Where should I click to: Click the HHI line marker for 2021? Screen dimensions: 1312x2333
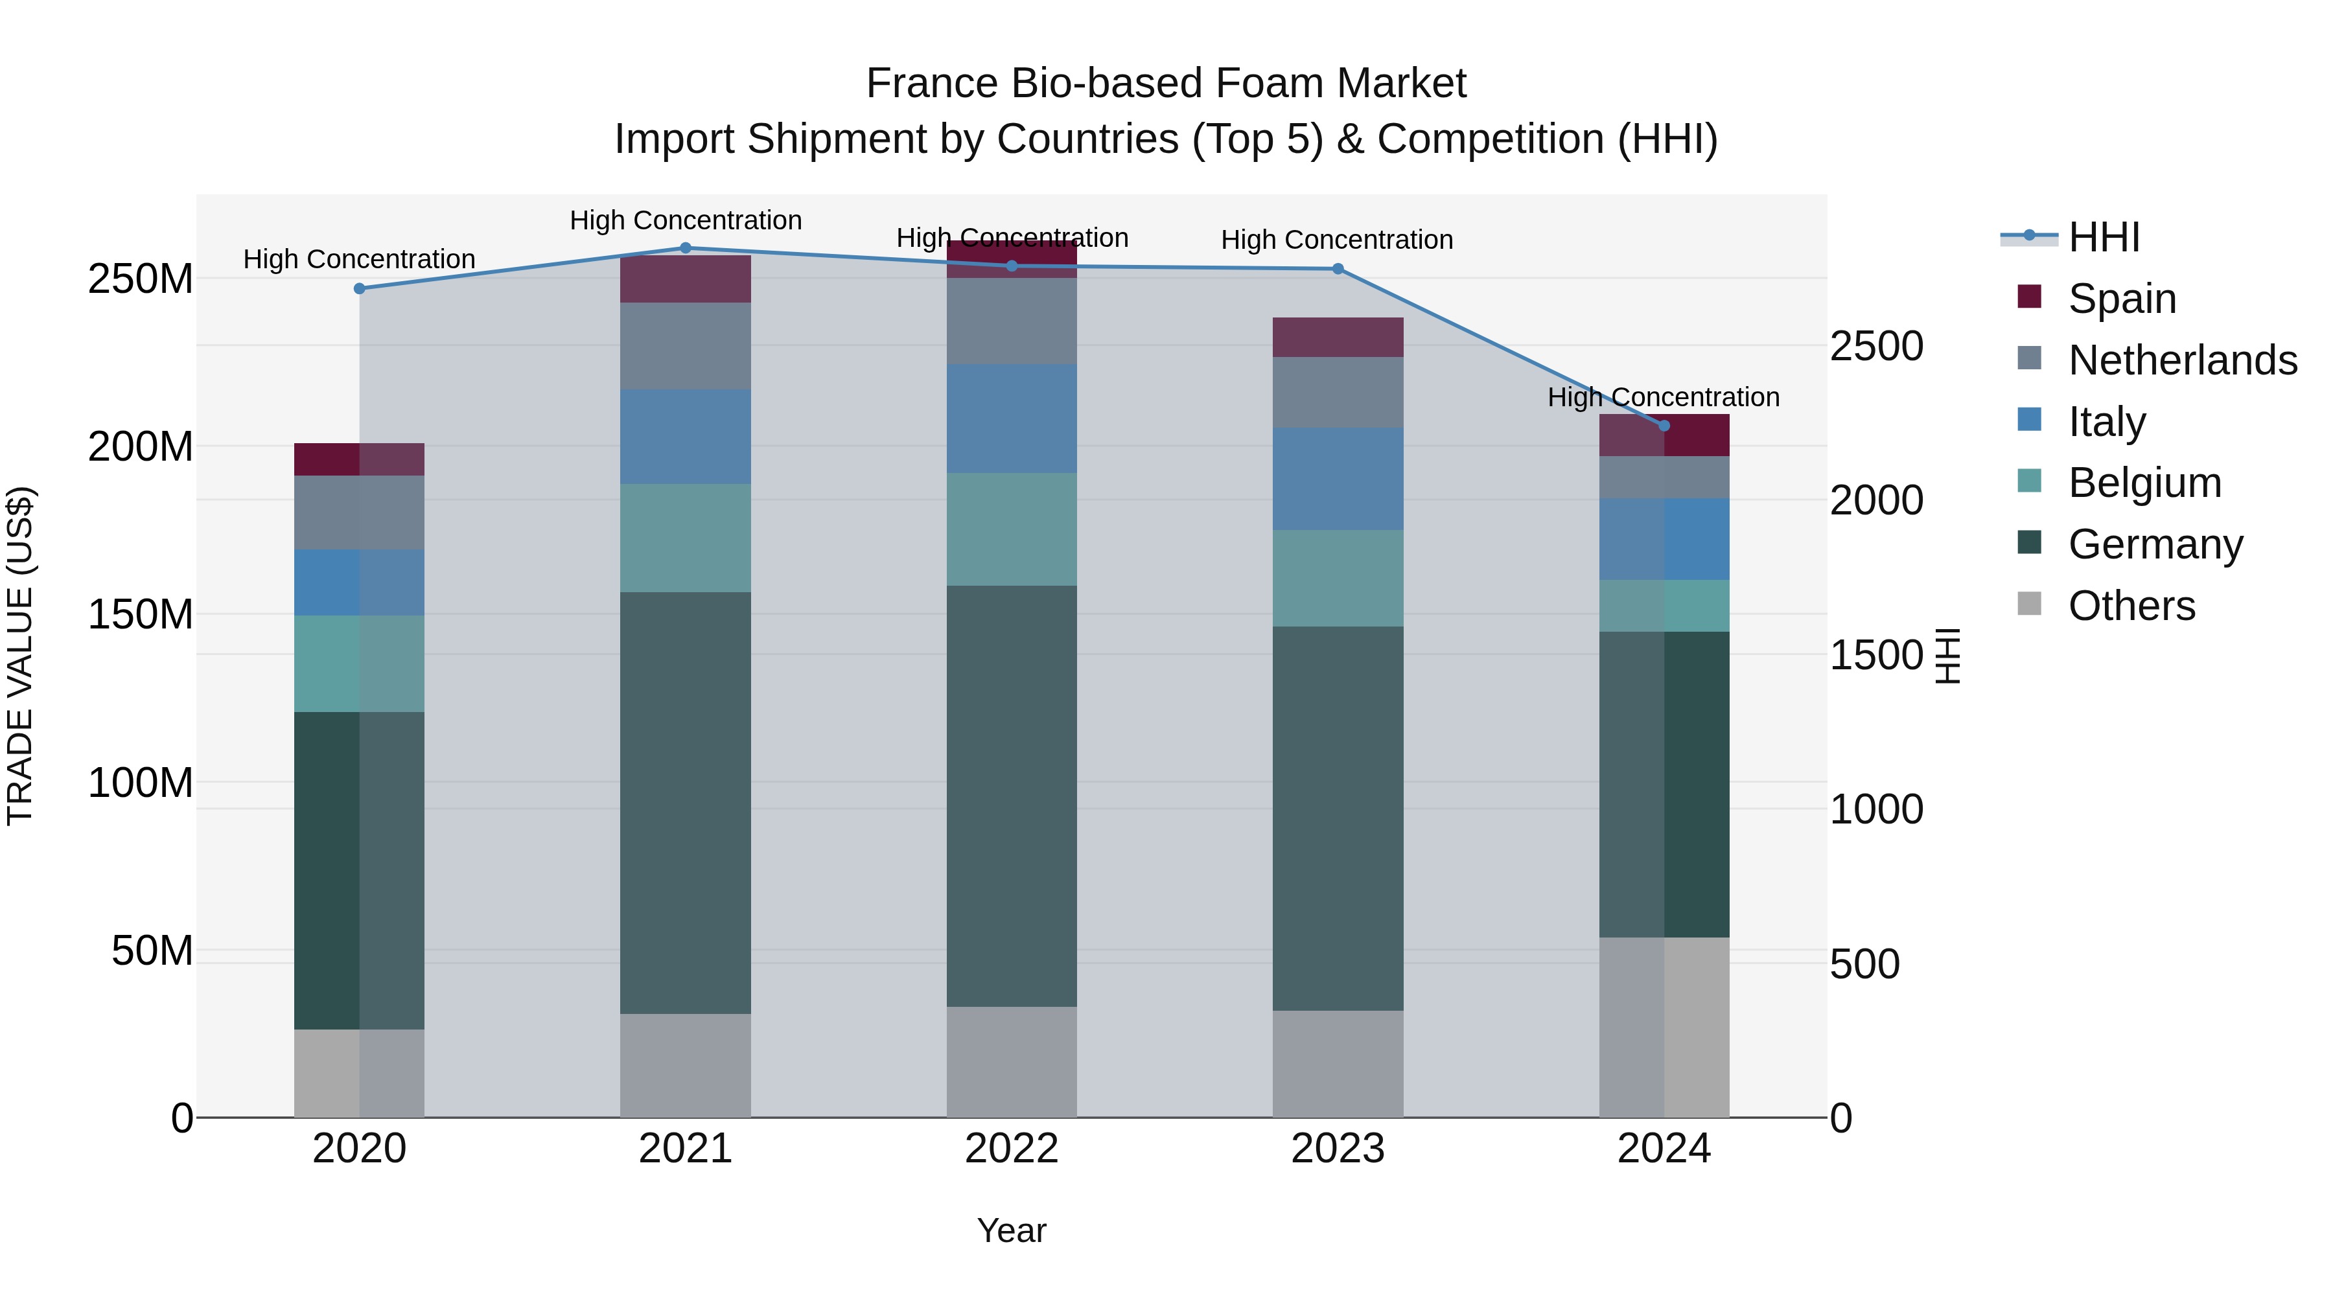click(x=686, y=248)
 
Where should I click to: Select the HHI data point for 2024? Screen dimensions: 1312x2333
click(x=1664, y=426)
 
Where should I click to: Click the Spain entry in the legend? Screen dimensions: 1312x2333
click(x=2121, y=299)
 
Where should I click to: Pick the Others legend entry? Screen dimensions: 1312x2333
click(x=2131, y=606)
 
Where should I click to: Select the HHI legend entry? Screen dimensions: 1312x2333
click(x=2103, y=237)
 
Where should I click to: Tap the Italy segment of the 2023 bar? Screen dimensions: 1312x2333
click(x=1338, y=479)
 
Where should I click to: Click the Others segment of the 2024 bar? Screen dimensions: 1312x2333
click(x=1664, y=1027)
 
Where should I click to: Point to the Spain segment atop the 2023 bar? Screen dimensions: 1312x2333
click(x=1338, y=337)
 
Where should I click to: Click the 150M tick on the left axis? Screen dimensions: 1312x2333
click(x=141, y=615)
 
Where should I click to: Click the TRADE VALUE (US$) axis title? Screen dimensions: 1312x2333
click(x=20, y=656)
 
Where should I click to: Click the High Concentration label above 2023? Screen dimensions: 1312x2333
click(x=1337, y=240)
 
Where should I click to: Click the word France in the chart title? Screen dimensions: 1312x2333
click(x=931, y=84)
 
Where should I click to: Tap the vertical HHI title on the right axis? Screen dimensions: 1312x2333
click(x=1947, y=656)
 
